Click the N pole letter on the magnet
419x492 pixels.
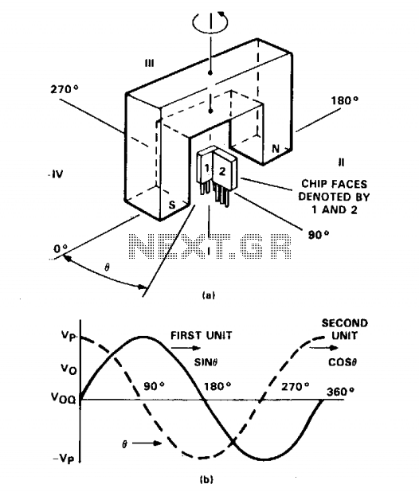coord(276,148)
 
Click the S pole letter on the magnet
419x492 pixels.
coord(172,205)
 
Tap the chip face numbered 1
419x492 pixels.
coord(207,169)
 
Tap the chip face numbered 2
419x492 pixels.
coord(222,171)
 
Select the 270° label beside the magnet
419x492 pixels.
coord(65,89)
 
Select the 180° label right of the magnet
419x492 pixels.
coord(345,101)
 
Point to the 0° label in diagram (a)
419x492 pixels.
coord(61,249)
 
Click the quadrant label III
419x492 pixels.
coord(150,64)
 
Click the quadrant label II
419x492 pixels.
coord(341,162)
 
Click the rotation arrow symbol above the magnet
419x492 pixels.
coord(210,21)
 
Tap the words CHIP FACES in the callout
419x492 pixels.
coord(335,184)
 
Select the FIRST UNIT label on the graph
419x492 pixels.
coord(202,335)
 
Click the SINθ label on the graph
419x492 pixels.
coord(206,362)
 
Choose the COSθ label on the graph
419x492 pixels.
coord(343,362)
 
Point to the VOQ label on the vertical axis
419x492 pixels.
coord(64,398)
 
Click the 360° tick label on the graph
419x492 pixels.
coord(340,392)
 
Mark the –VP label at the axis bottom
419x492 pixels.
coord(64,459)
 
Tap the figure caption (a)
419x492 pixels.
coord(209,295)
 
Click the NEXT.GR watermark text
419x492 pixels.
coord(210,246)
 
